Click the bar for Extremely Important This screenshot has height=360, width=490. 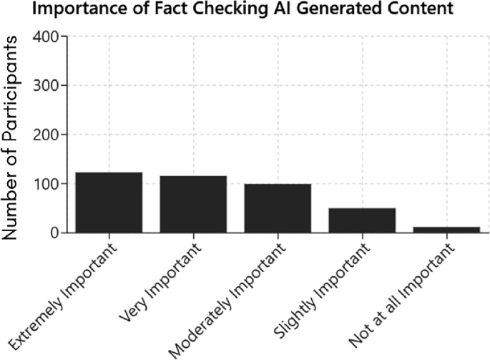point(109,203)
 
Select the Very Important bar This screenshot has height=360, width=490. point(193,204)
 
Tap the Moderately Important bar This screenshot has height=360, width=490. point(278,208)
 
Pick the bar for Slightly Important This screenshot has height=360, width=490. point(362,220)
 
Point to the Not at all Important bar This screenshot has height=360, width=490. point(446,229)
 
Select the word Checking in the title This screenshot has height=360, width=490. point(193,10)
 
